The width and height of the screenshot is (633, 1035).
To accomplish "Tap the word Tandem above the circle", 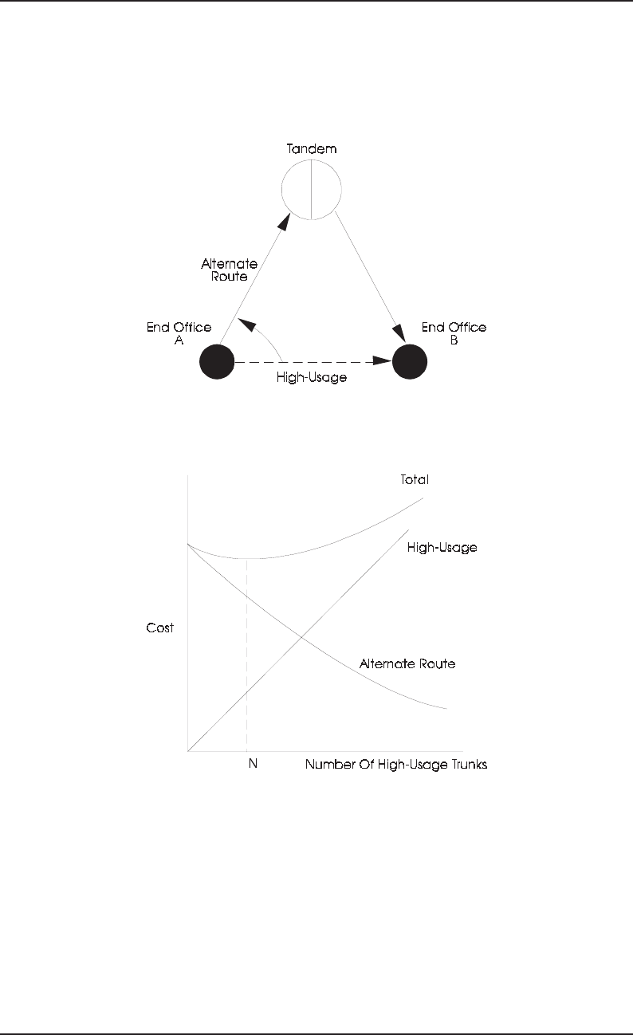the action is point(311,149).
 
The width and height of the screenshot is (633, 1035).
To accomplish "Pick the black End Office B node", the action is point(410,363).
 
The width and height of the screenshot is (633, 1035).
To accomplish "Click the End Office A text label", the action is point(179,333).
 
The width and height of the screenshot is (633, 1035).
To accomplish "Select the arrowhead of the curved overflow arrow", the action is point(246,322).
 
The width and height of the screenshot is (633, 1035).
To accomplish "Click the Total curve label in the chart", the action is point(415,481).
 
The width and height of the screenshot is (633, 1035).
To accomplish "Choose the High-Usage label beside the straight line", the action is point(442,548).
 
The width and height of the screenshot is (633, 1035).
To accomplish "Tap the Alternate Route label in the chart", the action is point(407,663).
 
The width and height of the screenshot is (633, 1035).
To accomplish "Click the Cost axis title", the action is point(159,628).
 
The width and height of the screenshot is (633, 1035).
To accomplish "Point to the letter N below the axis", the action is point(253,764).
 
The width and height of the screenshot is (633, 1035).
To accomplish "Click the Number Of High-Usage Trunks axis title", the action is point(395,764).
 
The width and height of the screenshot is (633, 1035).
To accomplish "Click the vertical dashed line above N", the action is point(247,654).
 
